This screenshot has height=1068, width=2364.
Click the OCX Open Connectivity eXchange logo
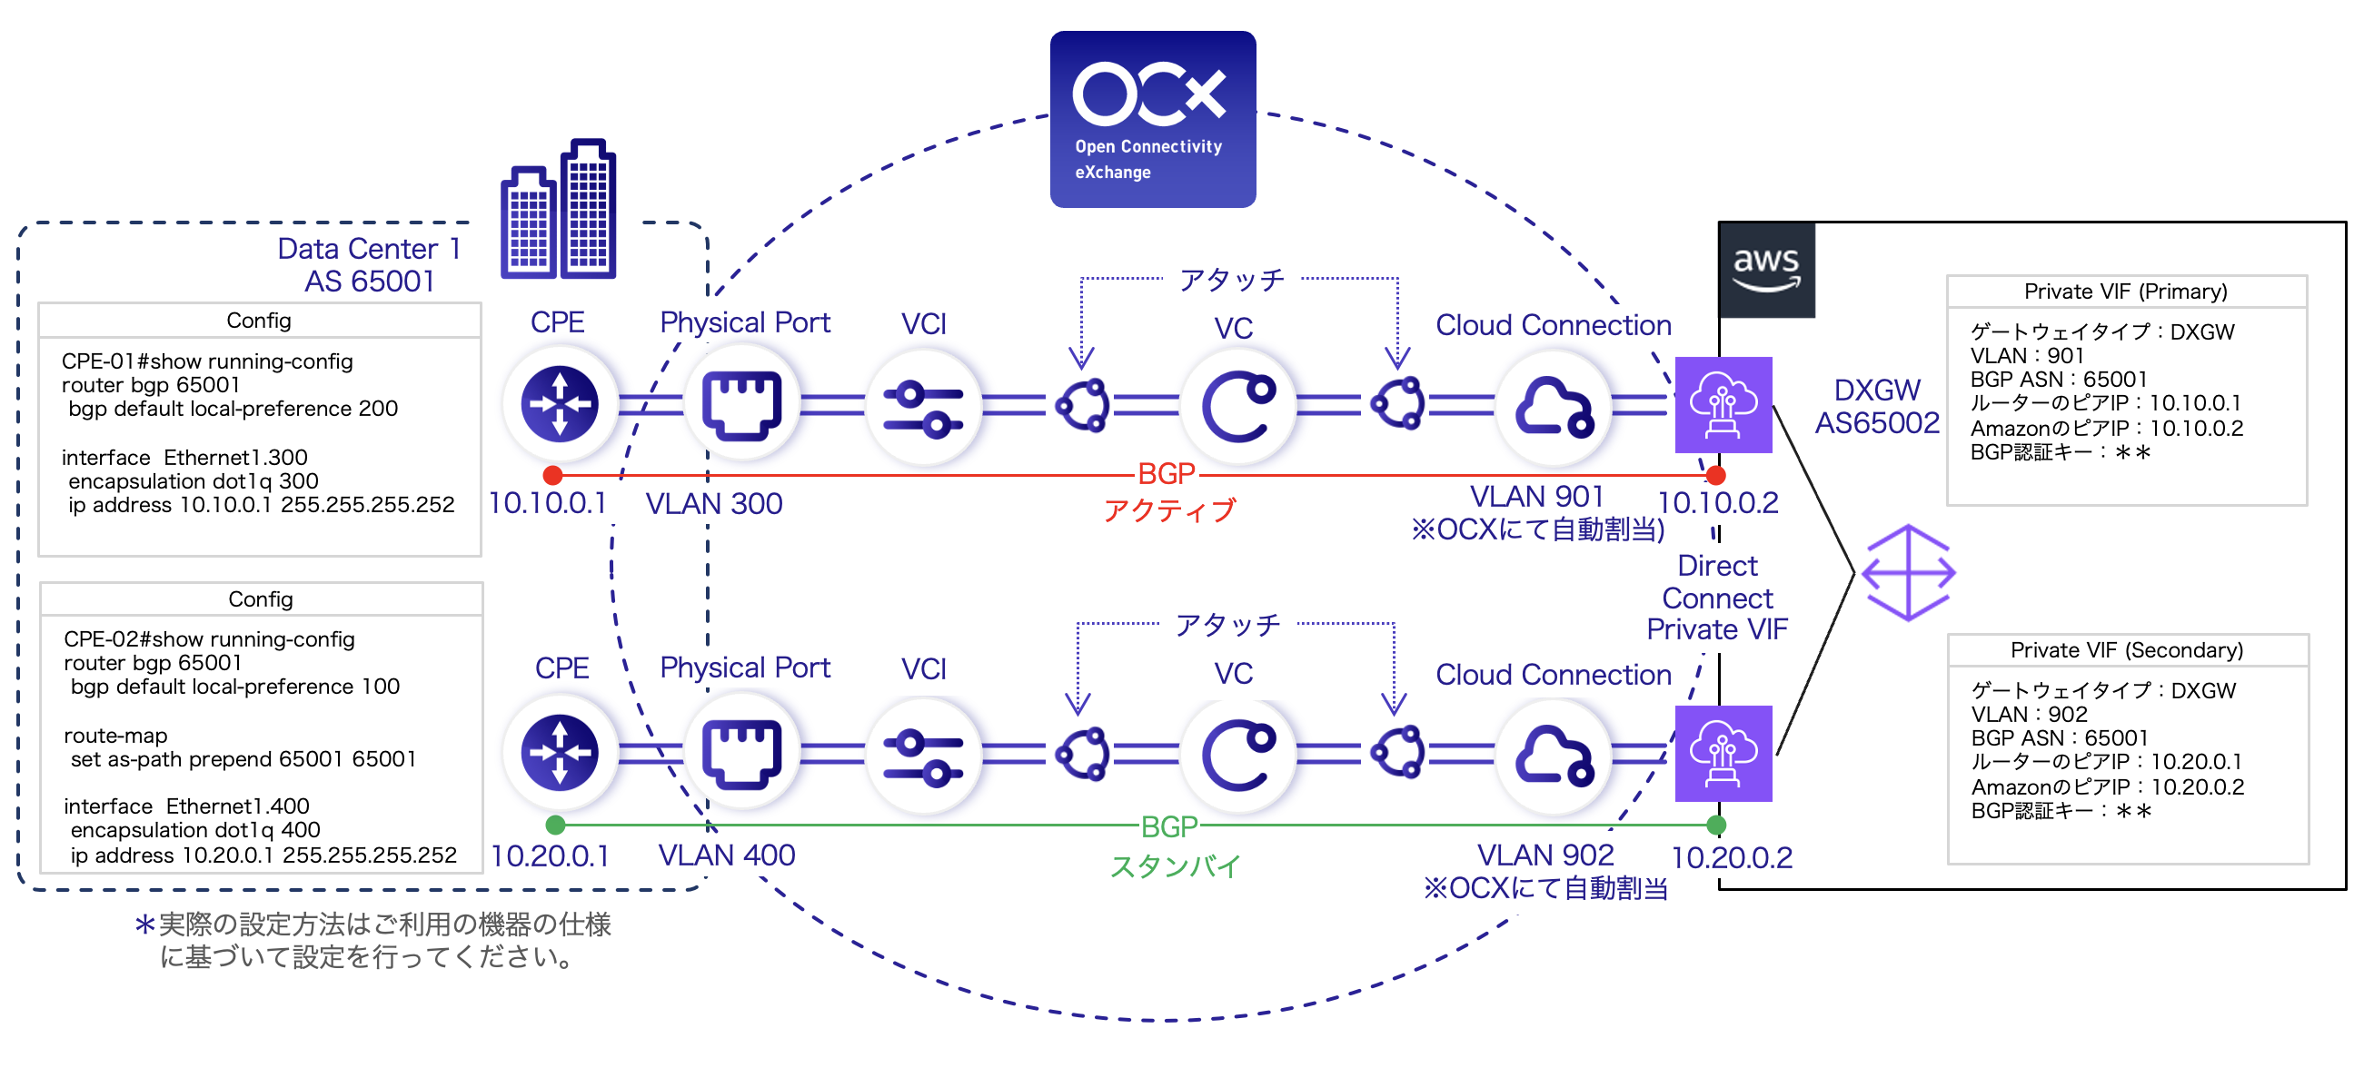(x=1152, y=119)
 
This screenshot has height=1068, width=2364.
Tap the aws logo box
(x=1765, y=270)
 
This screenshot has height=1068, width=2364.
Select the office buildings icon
(x=558, y=211)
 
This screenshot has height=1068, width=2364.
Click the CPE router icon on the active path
(x=559, y=404)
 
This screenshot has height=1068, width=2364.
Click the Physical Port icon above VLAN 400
(x=741, y=753)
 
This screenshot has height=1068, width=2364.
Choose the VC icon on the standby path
(x=1237, y=753)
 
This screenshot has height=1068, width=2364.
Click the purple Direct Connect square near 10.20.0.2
(x=1723, y=753)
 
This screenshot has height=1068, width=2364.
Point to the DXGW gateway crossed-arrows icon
(x=1908, y=572)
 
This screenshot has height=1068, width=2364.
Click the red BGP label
(x=1166, y=474)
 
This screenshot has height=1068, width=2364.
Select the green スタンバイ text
(x=1175, y=866)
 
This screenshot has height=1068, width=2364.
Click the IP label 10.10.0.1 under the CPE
(x=547, y=503)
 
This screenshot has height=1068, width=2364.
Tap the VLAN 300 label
(x=714, y=504)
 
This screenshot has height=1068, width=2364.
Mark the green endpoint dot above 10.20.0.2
(x=1715, y=825)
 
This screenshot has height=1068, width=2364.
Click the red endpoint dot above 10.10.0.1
(x=552, y=475)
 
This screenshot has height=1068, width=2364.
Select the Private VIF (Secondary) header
(x=2125, y=649)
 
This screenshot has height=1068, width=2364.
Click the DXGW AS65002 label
(x=1877, y=406)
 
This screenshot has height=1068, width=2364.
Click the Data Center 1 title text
(x=368, y=249)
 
